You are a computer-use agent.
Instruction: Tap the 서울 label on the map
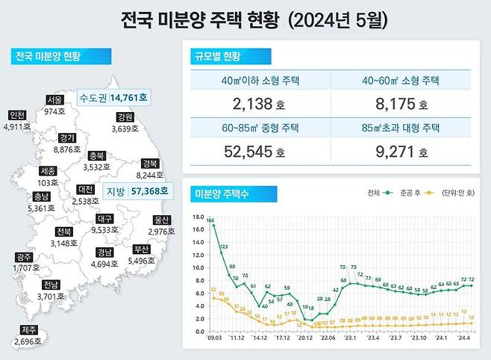click(x=54, y=99)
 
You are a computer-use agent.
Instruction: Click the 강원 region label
click(x=125, y=117)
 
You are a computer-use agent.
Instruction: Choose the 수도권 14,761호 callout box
click(x=113, y=97)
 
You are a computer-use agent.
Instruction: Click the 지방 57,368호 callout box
click(x=137, y=191)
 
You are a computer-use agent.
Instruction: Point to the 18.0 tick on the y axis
click(x=198, y=217)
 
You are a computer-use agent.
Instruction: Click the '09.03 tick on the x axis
click(x=214, y=338)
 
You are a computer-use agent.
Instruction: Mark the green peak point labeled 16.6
click(x=213, y=226)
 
